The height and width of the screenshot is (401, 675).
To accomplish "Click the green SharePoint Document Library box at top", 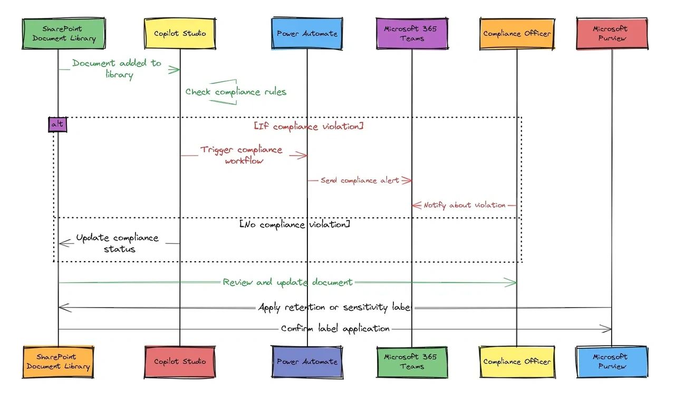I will (58, 33).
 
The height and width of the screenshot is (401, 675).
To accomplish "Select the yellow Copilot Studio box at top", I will (180, 33).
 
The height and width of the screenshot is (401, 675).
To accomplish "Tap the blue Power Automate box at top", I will (307, 33).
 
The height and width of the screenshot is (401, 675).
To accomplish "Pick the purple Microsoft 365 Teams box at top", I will (412, 33).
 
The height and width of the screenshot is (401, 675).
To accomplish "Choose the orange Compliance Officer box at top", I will (517, 33).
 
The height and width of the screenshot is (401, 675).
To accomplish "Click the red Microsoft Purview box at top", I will (612, 33).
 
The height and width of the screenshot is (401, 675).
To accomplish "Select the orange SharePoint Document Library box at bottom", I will (58, 362).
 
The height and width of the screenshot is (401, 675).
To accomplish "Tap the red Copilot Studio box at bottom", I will (180, 362).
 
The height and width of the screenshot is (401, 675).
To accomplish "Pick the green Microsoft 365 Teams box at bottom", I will (412, 362).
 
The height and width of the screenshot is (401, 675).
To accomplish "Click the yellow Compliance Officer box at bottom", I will (517, 362).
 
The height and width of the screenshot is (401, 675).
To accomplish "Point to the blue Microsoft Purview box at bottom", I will (612, 362).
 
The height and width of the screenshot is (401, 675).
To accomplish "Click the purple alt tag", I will (57, 124).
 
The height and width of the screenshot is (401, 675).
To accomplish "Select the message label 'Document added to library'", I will (117, 69).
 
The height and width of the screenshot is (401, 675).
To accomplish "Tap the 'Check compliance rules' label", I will (236, 92).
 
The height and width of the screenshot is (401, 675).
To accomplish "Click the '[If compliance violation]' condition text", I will (308, 127).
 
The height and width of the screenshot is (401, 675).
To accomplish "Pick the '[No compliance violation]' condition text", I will (295, 225).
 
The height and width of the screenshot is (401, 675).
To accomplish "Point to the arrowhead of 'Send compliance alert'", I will (408, 180).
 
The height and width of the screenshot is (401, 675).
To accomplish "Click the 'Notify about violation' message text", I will (465, 205).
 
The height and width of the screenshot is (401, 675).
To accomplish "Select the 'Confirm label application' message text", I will (335, 329).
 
